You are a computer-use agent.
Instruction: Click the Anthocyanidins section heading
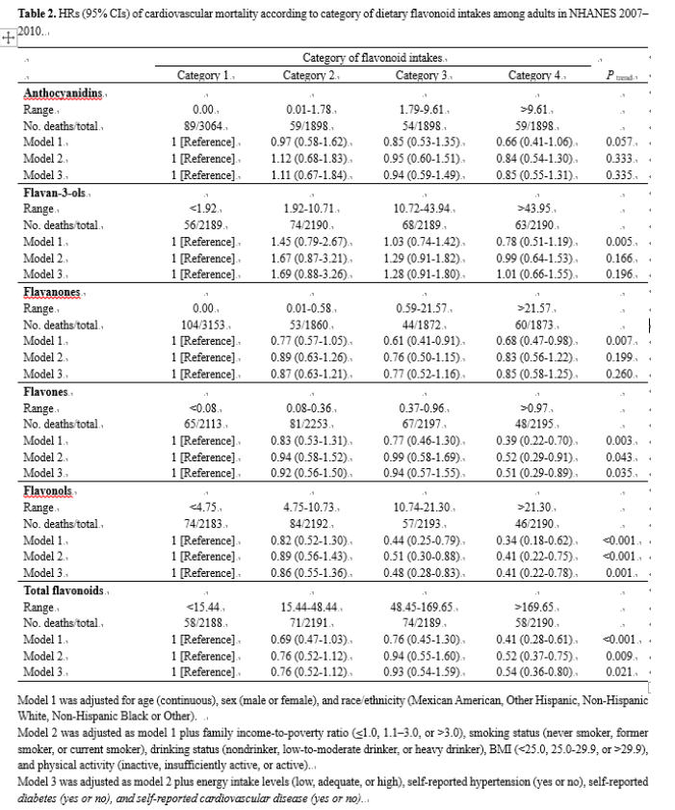[64, 93]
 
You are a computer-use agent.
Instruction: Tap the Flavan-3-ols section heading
[56, 194]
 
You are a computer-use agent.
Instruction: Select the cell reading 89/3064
[209, 125]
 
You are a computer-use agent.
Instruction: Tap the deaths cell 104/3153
[209, 324]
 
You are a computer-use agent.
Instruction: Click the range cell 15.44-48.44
[312, 606]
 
